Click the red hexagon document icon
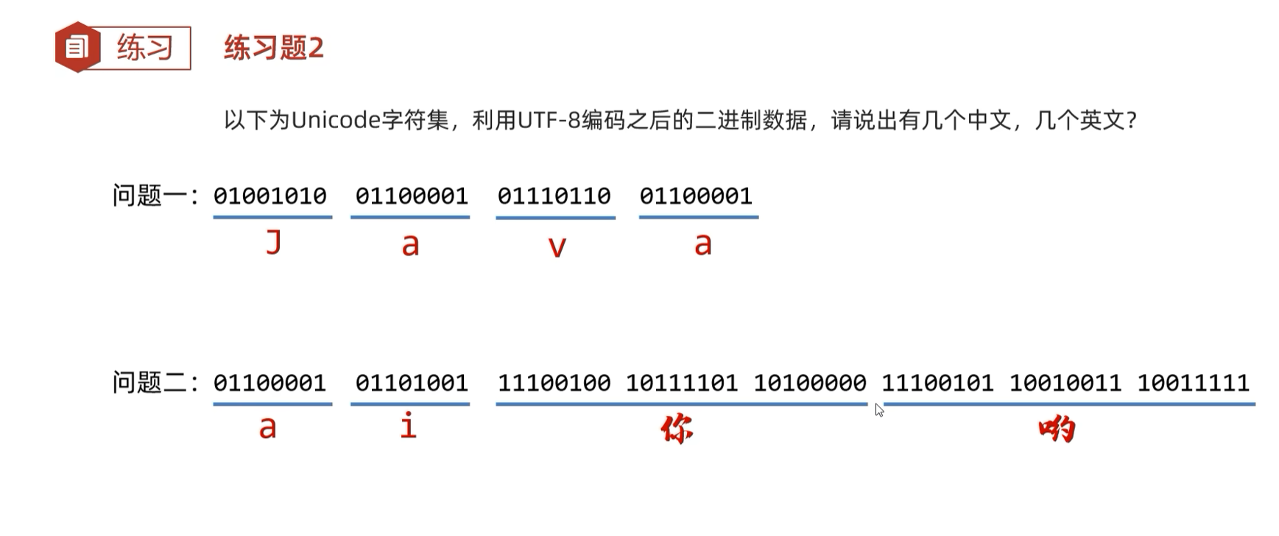pos(77,48)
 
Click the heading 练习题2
pos(274,49)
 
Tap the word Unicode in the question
pos(335,120)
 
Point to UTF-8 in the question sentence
pos(549,120)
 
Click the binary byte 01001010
pos(270,197)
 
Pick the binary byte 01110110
pos(554,197)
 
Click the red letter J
pos(274,241)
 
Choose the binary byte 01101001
pos(412,383)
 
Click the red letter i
pos(409,426)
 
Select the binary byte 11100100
pos(554,383)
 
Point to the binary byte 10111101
pos(682,383)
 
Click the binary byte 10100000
pos(810,383)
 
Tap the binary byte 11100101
pos(937,383)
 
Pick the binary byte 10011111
pos(1193,383)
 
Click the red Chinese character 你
pos(677,429)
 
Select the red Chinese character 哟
pos(1057,429)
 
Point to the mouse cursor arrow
pos(878,409)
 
